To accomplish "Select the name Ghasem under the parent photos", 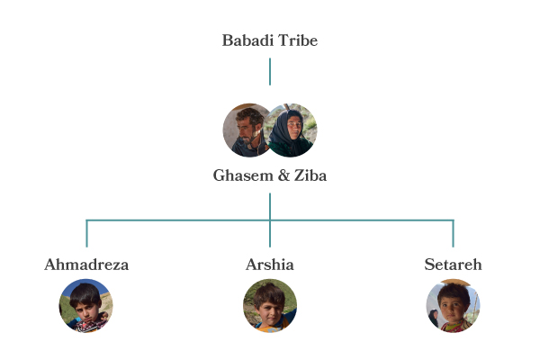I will pos(240,175).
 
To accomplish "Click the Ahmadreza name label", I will pos(86,265).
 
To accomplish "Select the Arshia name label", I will pos(270,265).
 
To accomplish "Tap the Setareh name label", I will pos(453,265).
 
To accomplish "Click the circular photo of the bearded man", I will pos(246,130).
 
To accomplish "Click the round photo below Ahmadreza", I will pos(86,306).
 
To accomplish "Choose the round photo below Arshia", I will pos(270,306).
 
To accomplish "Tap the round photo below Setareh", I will pos(453,306).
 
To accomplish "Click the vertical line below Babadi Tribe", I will pos(270,72).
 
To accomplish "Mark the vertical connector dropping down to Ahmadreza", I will pos(86,234).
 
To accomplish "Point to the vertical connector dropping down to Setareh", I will pos(453,234).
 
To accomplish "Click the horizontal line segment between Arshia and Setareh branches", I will pos(360,220).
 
